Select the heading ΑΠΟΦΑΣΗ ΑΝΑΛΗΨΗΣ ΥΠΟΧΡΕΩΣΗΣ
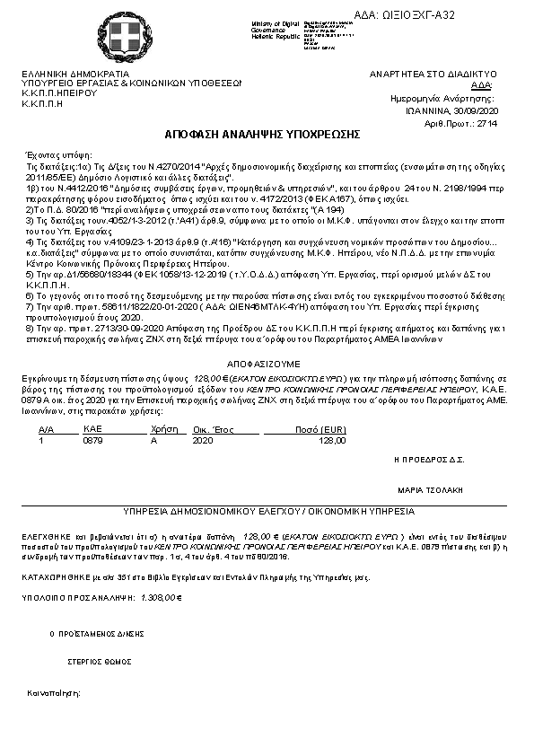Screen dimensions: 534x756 (262, 134)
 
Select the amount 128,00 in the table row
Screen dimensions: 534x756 (332, 441)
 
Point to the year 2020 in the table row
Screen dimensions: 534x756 (204, 441)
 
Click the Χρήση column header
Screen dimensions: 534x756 (161, 430)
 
